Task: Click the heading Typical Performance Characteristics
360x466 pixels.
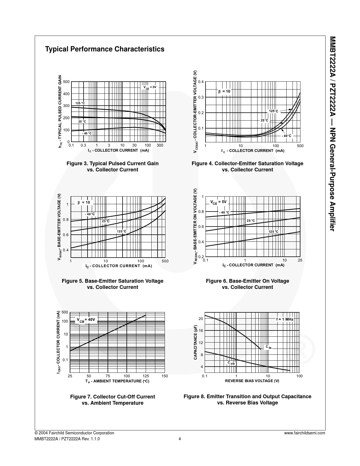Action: tap(104, 49)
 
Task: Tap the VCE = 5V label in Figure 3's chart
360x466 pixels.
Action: tap(150, 87)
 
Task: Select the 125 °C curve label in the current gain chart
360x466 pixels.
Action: tap(80, 103)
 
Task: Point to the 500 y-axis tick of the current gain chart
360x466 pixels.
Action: tap(66, 82)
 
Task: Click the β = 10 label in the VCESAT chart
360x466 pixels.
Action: tap(224, 92)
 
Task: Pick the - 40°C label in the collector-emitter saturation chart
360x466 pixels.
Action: tap(287, 136)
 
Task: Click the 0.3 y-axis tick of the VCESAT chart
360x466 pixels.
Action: tap(201, 97)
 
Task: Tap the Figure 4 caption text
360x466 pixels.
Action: tap(247, 166)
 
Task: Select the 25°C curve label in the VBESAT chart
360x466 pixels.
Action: tap(106, 221)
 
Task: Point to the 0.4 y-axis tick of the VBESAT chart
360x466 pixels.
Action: tap(66, 250)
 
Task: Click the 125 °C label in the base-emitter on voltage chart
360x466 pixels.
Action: tap(273, 232)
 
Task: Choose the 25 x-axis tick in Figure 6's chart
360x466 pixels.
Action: tap(300, 260)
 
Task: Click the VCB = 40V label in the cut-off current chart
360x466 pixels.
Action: tap(86, 320)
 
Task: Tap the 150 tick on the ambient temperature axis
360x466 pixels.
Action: tap(165, 376)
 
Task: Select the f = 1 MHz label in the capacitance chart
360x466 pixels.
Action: tap(285, 319)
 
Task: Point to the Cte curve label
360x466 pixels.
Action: tap(269, 347)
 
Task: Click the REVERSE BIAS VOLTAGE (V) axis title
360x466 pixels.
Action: tap(252, 381)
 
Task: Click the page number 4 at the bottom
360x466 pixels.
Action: tap(180, 439)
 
